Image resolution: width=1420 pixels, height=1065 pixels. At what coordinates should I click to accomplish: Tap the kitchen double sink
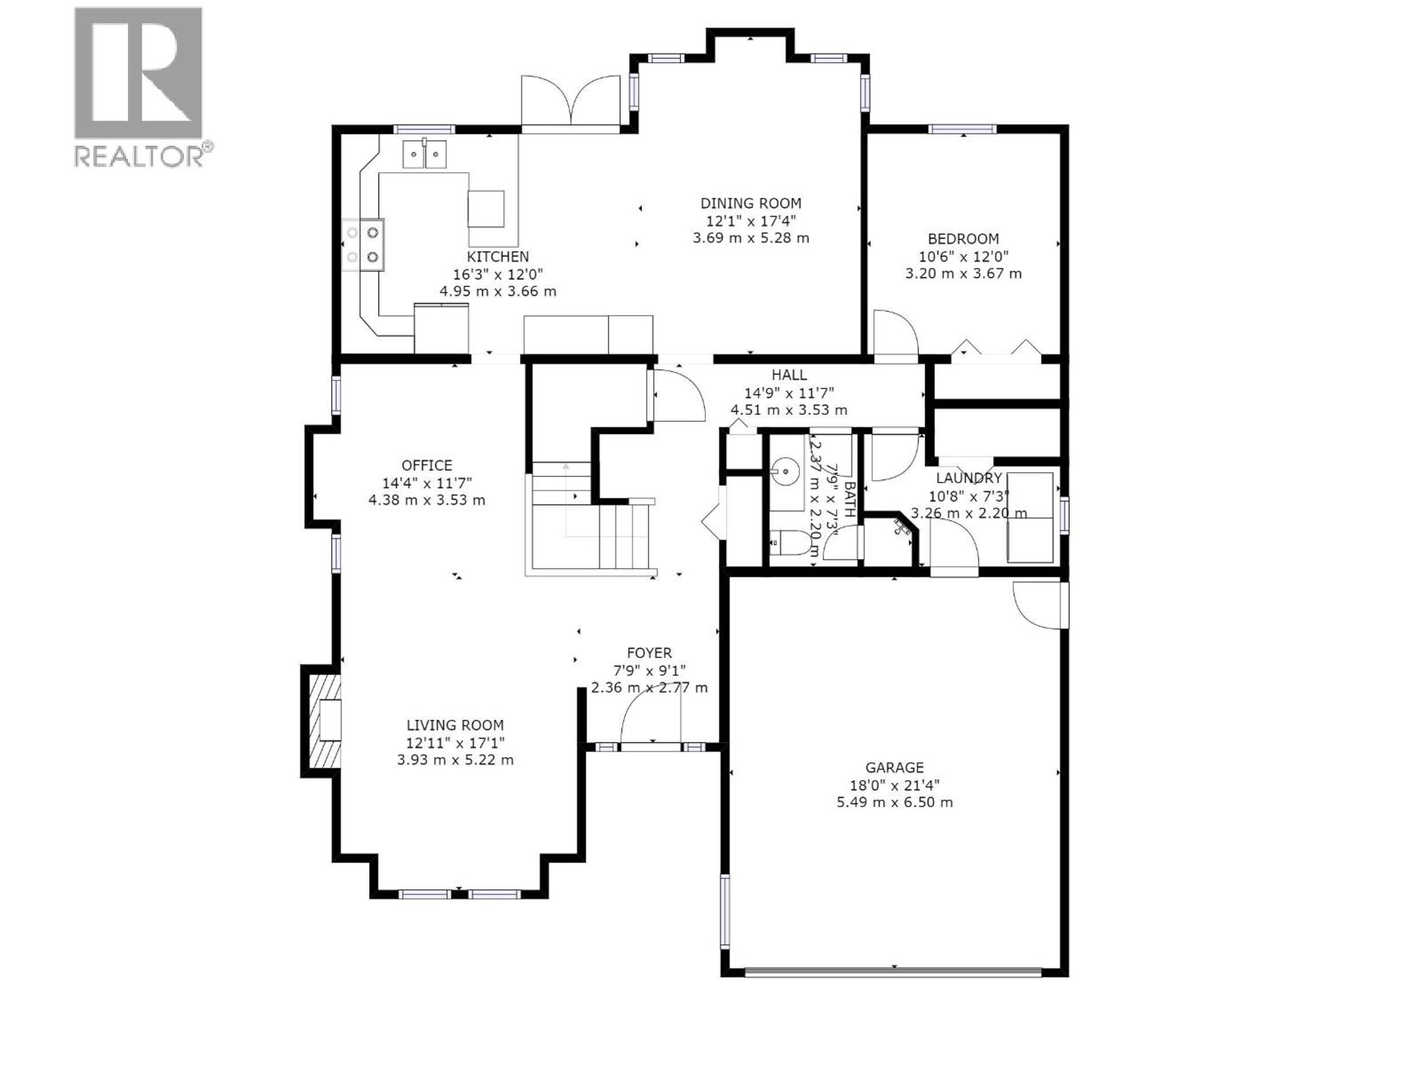click(424, 154)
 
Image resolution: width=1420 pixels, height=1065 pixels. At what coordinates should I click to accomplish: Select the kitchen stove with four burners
click(364, 244)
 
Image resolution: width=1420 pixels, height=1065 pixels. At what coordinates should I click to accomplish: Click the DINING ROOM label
click(750, 203)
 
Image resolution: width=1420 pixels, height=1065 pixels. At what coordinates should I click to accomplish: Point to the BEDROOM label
click(963, 239)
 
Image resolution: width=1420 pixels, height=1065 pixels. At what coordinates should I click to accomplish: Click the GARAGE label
click(894, 768)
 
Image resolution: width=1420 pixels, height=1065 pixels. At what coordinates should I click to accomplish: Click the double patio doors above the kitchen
click(571, 103)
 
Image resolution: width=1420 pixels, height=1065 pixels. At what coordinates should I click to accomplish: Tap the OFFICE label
click(426, 466)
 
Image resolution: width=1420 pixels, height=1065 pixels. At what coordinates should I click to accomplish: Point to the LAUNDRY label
click(968, 478)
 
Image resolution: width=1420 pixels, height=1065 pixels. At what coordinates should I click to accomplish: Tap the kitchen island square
click(485, 209)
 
